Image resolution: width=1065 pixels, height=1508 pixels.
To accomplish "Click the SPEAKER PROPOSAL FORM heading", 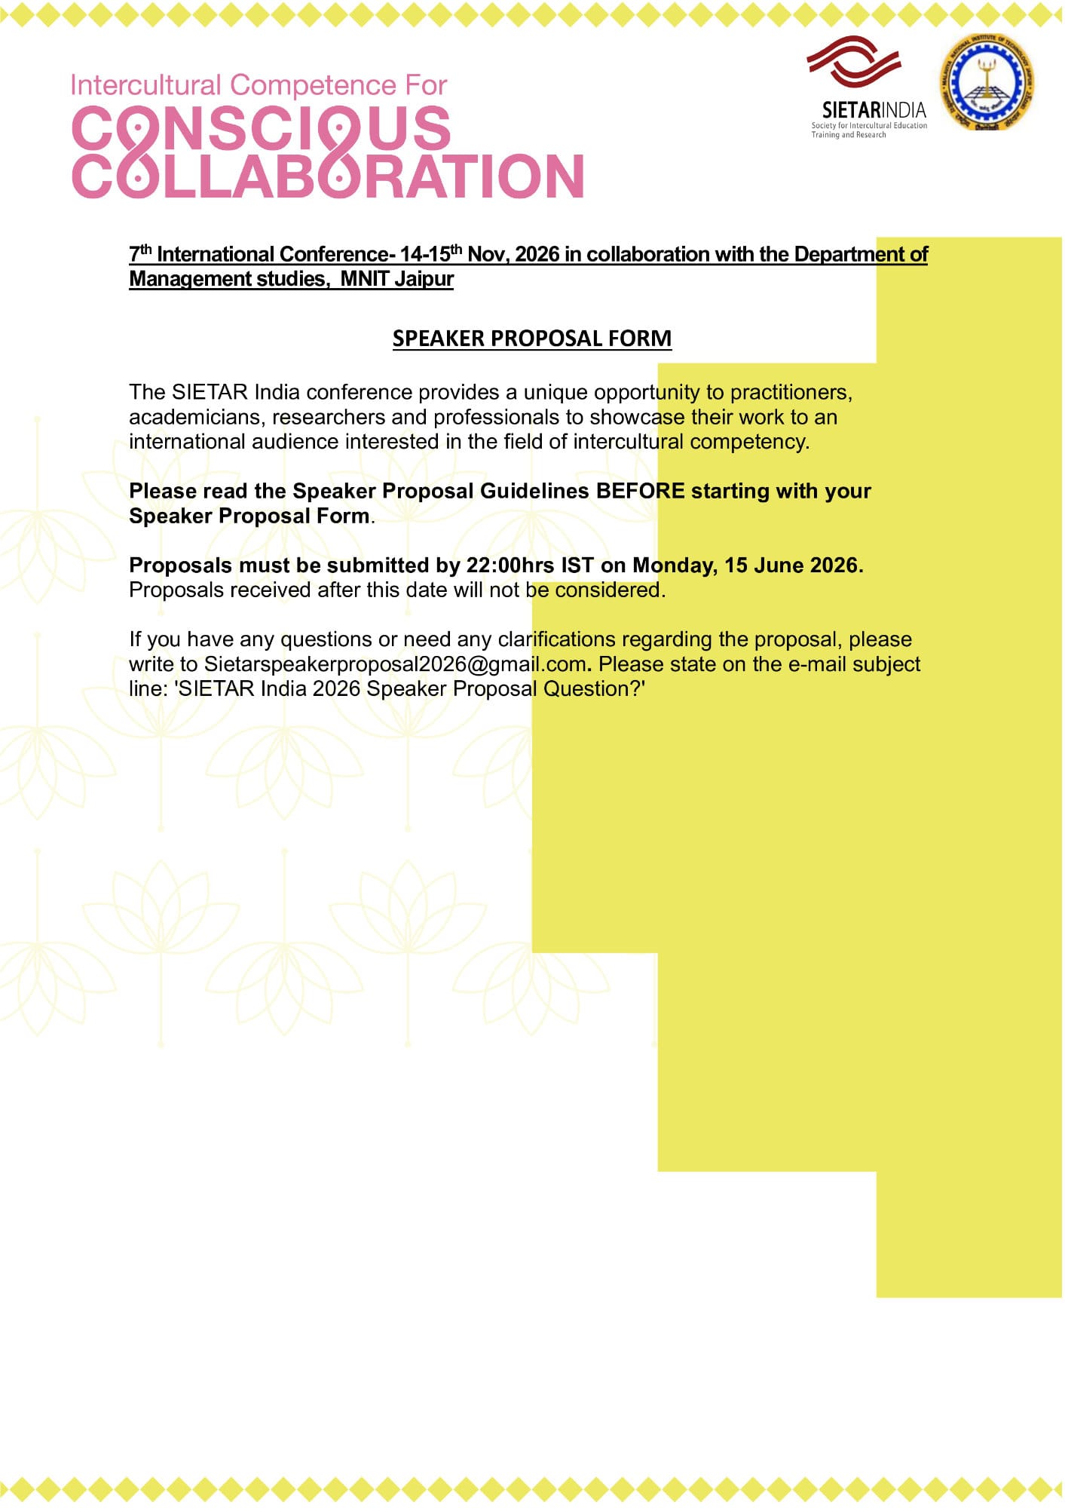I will (531, 339).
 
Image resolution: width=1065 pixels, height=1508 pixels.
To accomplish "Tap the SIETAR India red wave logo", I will (854, 61).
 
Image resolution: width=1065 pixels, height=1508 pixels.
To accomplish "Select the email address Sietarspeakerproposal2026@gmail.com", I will (395, 664).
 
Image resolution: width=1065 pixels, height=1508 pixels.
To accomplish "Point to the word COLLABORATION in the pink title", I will (328, 176).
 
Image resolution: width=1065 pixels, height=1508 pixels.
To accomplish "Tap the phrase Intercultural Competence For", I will (259, 85).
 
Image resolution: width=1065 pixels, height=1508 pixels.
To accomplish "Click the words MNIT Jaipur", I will (396, 279).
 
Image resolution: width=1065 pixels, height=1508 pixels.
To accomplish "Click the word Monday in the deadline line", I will (675, 565).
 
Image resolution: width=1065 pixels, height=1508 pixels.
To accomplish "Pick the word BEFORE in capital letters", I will (641, 492).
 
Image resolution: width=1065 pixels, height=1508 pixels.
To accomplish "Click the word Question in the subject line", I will (591, 689).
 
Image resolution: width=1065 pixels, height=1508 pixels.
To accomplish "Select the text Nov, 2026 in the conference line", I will (514, 255).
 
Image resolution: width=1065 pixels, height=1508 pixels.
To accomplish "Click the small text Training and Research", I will (848, 135).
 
